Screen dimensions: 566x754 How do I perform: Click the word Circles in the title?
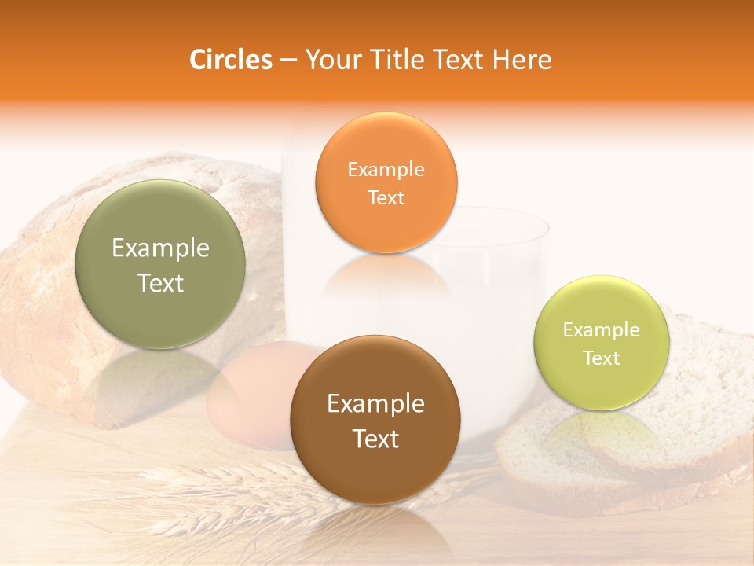230,60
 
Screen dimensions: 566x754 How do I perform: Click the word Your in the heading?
331,60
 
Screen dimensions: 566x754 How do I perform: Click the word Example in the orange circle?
386,169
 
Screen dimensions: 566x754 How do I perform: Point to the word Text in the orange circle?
386,197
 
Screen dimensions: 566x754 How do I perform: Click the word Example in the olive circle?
160,248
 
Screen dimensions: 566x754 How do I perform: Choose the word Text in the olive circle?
160,283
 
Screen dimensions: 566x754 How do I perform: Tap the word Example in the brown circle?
375,404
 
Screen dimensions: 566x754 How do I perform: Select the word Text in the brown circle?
375,439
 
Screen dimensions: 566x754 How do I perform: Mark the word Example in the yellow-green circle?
602,330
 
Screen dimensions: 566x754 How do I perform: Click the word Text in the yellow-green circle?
602,358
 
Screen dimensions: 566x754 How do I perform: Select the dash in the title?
288,61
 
